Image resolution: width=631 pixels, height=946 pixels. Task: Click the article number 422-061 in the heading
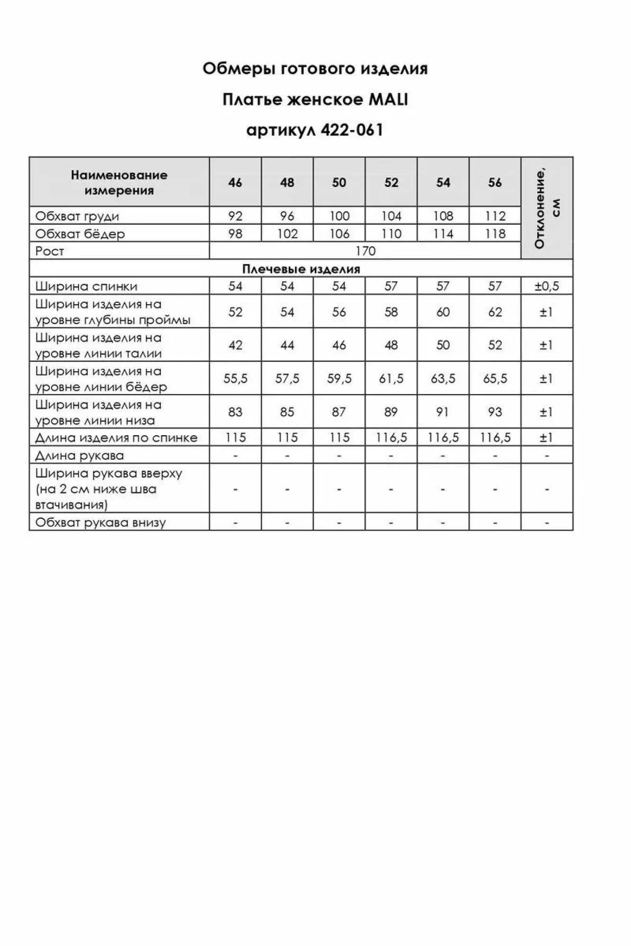click(x=351, y=130)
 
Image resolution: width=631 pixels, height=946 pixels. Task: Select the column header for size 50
click(x=339, y=183)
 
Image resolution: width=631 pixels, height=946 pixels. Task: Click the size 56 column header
click(x=495, y=183)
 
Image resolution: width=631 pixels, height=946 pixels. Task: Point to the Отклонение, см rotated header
click(x=547, y=208)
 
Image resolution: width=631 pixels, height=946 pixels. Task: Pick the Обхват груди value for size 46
click(x=235, y=216)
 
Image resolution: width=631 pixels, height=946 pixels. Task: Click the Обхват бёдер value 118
click(x=495, y=234)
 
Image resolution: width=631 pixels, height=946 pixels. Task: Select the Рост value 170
click(x=365, y=251)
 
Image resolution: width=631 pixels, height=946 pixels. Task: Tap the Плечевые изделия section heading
click(x=301, y=269)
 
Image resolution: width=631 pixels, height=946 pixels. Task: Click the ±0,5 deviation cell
click(x=547, y=286)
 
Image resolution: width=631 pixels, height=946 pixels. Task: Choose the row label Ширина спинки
click(x=86, y=286)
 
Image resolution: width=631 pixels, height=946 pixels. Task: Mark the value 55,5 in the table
click(x=235, y=378)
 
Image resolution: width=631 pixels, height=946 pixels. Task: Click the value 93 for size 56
click(x=495, y=412)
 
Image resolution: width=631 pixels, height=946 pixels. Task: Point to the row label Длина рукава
click(x=80, y=455)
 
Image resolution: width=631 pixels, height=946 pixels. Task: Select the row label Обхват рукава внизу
click(x=100, y=523)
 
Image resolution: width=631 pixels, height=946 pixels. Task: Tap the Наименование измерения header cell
click(x=119, y=183)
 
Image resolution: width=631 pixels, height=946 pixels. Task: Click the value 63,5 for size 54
click(x=443, y=378)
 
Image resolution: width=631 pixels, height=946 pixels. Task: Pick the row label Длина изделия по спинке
click(x=116, y=438)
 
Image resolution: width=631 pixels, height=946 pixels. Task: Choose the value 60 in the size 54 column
click(x=443, y=312)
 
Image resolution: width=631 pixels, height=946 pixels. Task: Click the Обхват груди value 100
click(x=339, y=216)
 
